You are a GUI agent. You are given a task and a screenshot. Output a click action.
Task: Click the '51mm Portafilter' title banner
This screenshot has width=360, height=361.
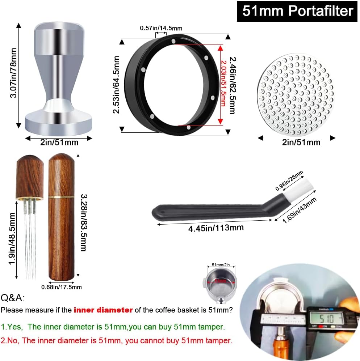(297, 11)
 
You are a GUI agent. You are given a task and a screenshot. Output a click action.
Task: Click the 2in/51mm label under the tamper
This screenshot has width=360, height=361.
(59, 142)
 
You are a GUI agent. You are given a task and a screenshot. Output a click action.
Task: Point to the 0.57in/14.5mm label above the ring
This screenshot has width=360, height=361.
(161, 28)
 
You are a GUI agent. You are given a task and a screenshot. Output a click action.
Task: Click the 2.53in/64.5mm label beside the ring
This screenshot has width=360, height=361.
(116, 85)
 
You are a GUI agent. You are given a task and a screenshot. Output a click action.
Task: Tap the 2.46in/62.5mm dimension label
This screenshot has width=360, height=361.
(233, 85)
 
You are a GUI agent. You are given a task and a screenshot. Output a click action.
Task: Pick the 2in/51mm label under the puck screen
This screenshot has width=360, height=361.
(301, 142)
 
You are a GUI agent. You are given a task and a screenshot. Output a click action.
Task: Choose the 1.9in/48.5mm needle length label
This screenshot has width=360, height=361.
(12, 239)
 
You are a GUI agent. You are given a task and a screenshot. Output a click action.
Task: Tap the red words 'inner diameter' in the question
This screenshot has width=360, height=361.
(103, 310)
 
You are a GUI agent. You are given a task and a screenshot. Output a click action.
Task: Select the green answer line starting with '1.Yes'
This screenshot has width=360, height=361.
(113, 327)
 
